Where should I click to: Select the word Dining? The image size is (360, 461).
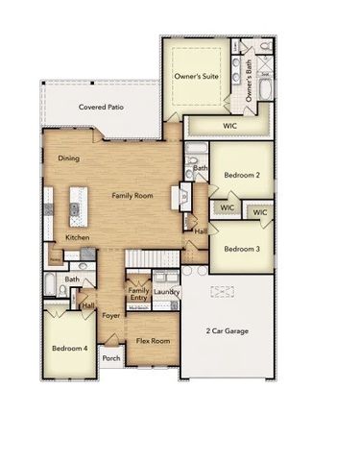click(68, 158)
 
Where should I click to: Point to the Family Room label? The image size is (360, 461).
click(132, 195)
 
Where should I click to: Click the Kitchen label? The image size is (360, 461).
click(78, 237)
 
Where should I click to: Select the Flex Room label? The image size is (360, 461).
click(153, 341)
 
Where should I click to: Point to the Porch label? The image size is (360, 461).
click(111, 359)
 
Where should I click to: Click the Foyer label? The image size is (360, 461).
click(111, 314)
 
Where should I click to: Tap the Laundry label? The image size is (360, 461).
click(166, 292)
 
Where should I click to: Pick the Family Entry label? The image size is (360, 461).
click(139, 294)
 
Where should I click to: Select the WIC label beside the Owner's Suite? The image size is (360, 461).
click(228, 124)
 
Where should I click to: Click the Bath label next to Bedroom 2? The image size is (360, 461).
click(200, 168)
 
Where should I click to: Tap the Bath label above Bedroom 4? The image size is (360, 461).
click(72, 279)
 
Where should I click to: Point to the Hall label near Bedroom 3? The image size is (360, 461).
click(201, 230)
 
